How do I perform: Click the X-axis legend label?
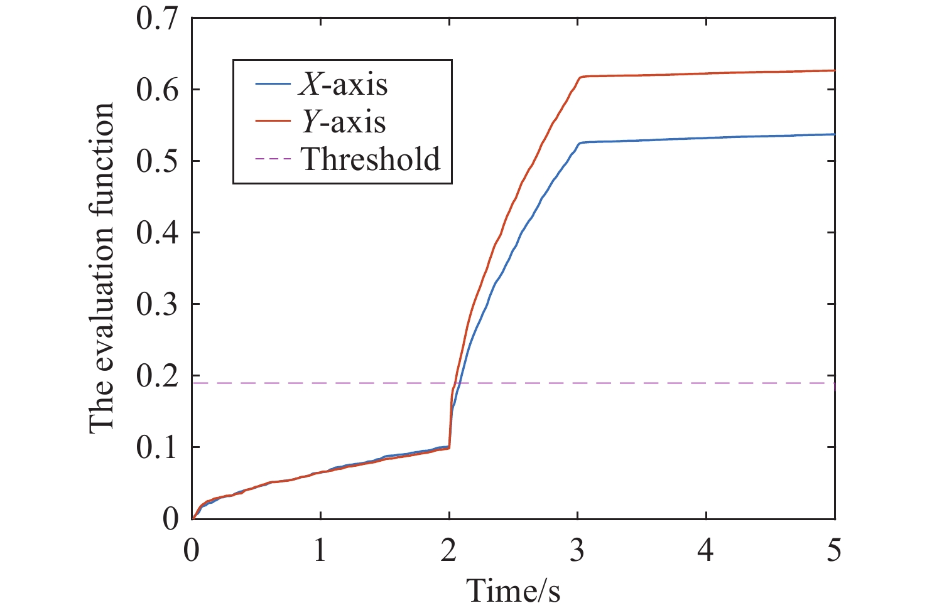(x=343, y=84)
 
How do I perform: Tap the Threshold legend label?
(x=371, y=159)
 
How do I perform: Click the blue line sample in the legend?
(x=273, y=84)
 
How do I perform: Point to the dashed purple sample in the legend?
(x=273, y=159)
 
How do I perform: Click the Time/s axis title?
(x=513, y=590)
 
